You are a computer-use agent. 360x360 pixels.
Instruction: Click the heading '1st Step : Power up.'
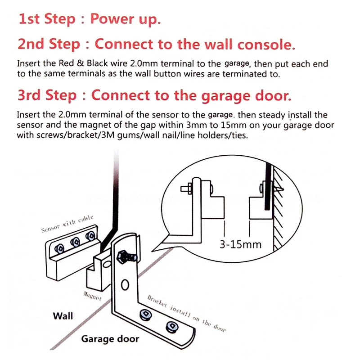click(x=89, y=19)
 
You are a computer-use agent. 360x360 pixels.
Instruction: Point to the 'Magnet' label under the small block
click(x=93, y=296)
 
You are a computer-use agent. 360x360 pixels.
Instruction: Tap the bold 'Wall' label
click(x=63, y=316)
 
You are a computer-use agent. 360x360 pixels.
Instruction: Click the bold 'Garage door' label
click(x=110, y=339)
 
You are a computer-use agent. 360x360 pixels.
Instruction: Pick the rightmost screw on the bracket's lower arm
click(x=171, y=326)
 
